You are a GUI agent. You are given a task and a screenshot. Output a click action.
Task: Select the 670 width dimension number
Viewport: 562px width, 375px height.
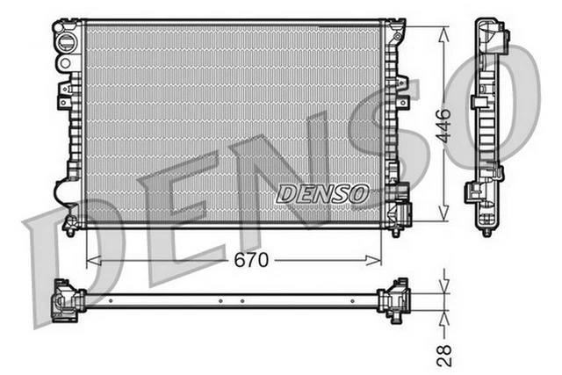coord(250,260)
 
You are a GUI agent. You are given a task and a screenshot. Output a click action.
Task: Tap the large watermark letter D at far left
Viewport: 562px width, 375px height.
coord(66,255)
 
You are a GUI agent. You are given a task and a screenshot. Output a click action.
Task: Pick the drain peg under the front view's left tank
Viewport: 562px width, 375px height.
coord(70,230)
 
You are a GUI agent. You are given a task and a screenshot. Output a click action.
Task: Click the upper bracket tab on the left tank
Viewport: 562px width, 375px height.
coord(64,95)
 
